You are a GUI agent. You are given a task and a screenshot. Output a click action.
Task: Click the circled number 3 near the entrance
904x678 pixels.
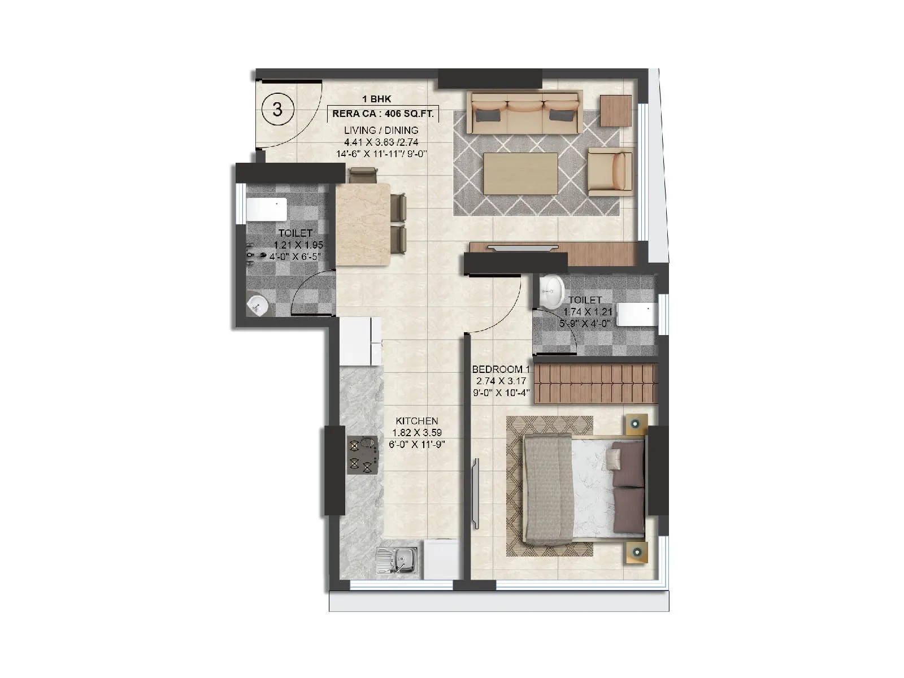tap(277, 108)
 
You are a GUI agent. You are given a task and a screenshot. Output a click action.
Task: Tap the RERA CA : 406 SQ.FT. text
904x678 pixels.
tap(383, 114)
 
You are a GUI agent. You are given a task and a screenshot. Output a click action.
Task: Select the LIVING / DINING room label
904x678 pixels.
tap(381, 130)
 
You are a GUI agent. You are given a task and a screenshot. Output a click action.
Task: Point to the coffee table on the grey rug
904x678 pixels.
tap(520, 173)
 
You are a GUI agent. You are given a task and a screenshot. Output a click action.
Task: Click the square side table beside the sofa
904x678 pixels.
tap(615, 111)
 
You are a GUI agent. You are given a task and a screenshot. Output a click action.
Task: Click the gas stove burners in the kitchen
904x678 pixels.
tap(362, 455)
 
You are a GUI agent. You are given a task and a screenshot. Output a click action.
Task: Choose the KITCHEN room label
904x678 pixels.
tap(416, 421)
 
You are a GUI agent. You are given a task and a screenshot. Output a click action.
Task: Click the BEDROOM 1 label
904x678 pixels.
tap(501, 369)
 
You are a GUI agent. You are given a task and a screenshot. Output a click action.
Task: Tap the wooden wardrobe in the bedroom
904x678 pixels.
tap(596, 384)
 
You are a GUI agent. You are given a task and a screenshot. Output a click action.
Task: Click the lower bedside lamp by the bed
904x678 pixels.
tap(637, 551)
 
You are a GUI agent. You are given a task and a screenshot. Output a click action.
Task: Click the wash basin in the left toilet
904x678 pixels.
tap(258, 306)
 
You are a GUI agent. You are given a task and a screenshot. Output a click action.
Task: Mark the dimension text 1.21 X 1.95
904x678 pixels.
tap(298, 245)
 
